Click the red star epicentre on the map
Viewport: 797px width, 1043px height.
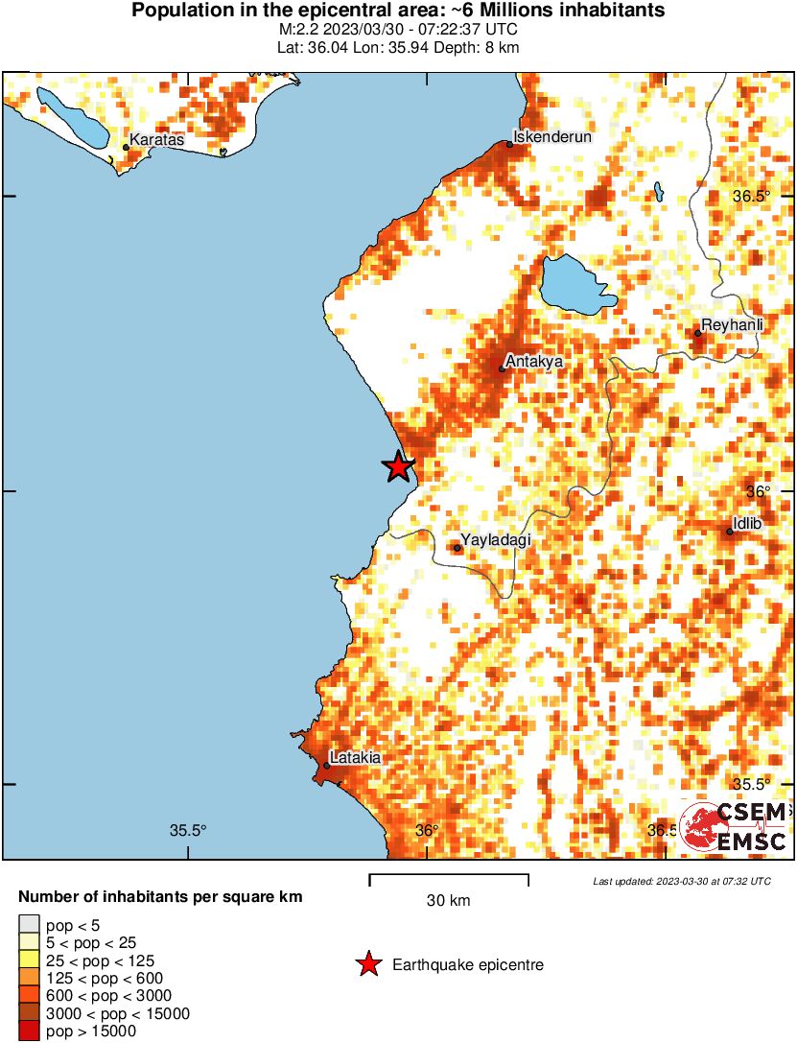(x=398, y=466)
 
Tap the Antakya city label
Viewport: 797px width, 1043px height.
(x=533, y=362)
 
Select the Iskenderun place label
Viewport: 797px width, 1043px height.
(x=553, y=136)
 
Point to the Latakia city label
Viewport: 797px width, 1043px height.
(x=355, y=757)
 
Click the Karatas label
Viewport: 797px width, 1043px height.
(x=156, y=140)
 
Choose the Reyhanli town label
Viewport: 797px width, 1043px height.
(x=733, y=325)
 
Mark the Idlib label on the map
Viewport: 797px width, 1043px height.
(x=747, y=524)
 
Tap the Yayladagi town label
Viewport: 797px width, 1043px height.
(x=496, y=540)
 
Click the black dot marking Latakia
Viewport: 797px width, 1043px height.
(x=327, y=765)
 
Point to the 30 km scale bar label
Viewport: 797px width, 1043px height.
(x=449, y=901)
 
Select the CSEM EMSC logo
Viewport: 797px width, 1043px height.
(x=734, y=826)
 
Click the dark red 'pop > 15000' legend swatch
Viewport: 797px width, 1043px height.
(x=29, y=1031)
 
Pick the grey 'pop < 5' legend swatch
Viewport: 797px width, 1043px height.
(x=29, y=926)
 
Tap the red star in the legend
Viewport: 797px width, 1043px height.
(x=367, y=964)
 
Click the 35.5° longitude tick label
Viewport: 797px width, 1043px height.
(x=189, y=830)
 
